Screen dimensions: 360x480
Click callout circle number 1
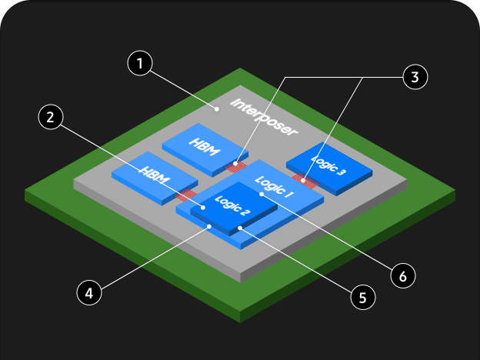tap(138, 64)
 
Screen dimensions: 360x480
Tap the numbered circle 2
tap(50, 118)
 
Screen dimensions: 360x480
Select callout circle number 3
tap(414, 77)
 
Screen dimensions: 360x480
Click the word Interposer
tap(264, 118)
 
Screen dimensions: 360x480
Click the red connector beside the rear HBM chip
tap(237, 165)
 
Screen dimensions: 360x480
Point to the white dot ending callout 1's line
tap(218, 109)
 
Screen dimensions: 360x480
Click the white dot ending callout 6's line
tap(262, 194)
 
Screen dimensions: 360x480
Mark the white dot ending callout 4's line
tap(208, 226)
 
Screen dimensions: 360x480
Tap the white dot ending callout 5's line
tap(240, 228)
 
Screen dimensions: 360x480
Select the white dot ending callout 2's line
tap(202, 206)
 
